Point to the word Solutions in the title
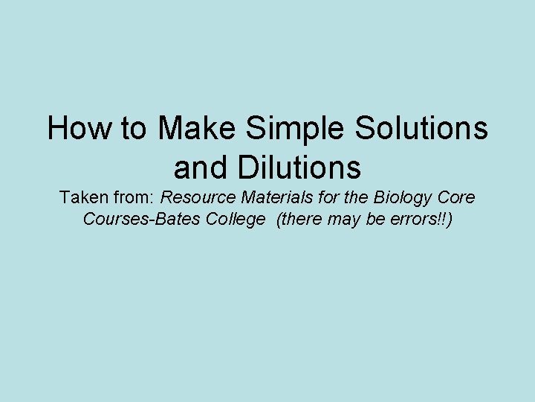(421, 129)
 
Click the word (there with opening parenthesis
(299, 220)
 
